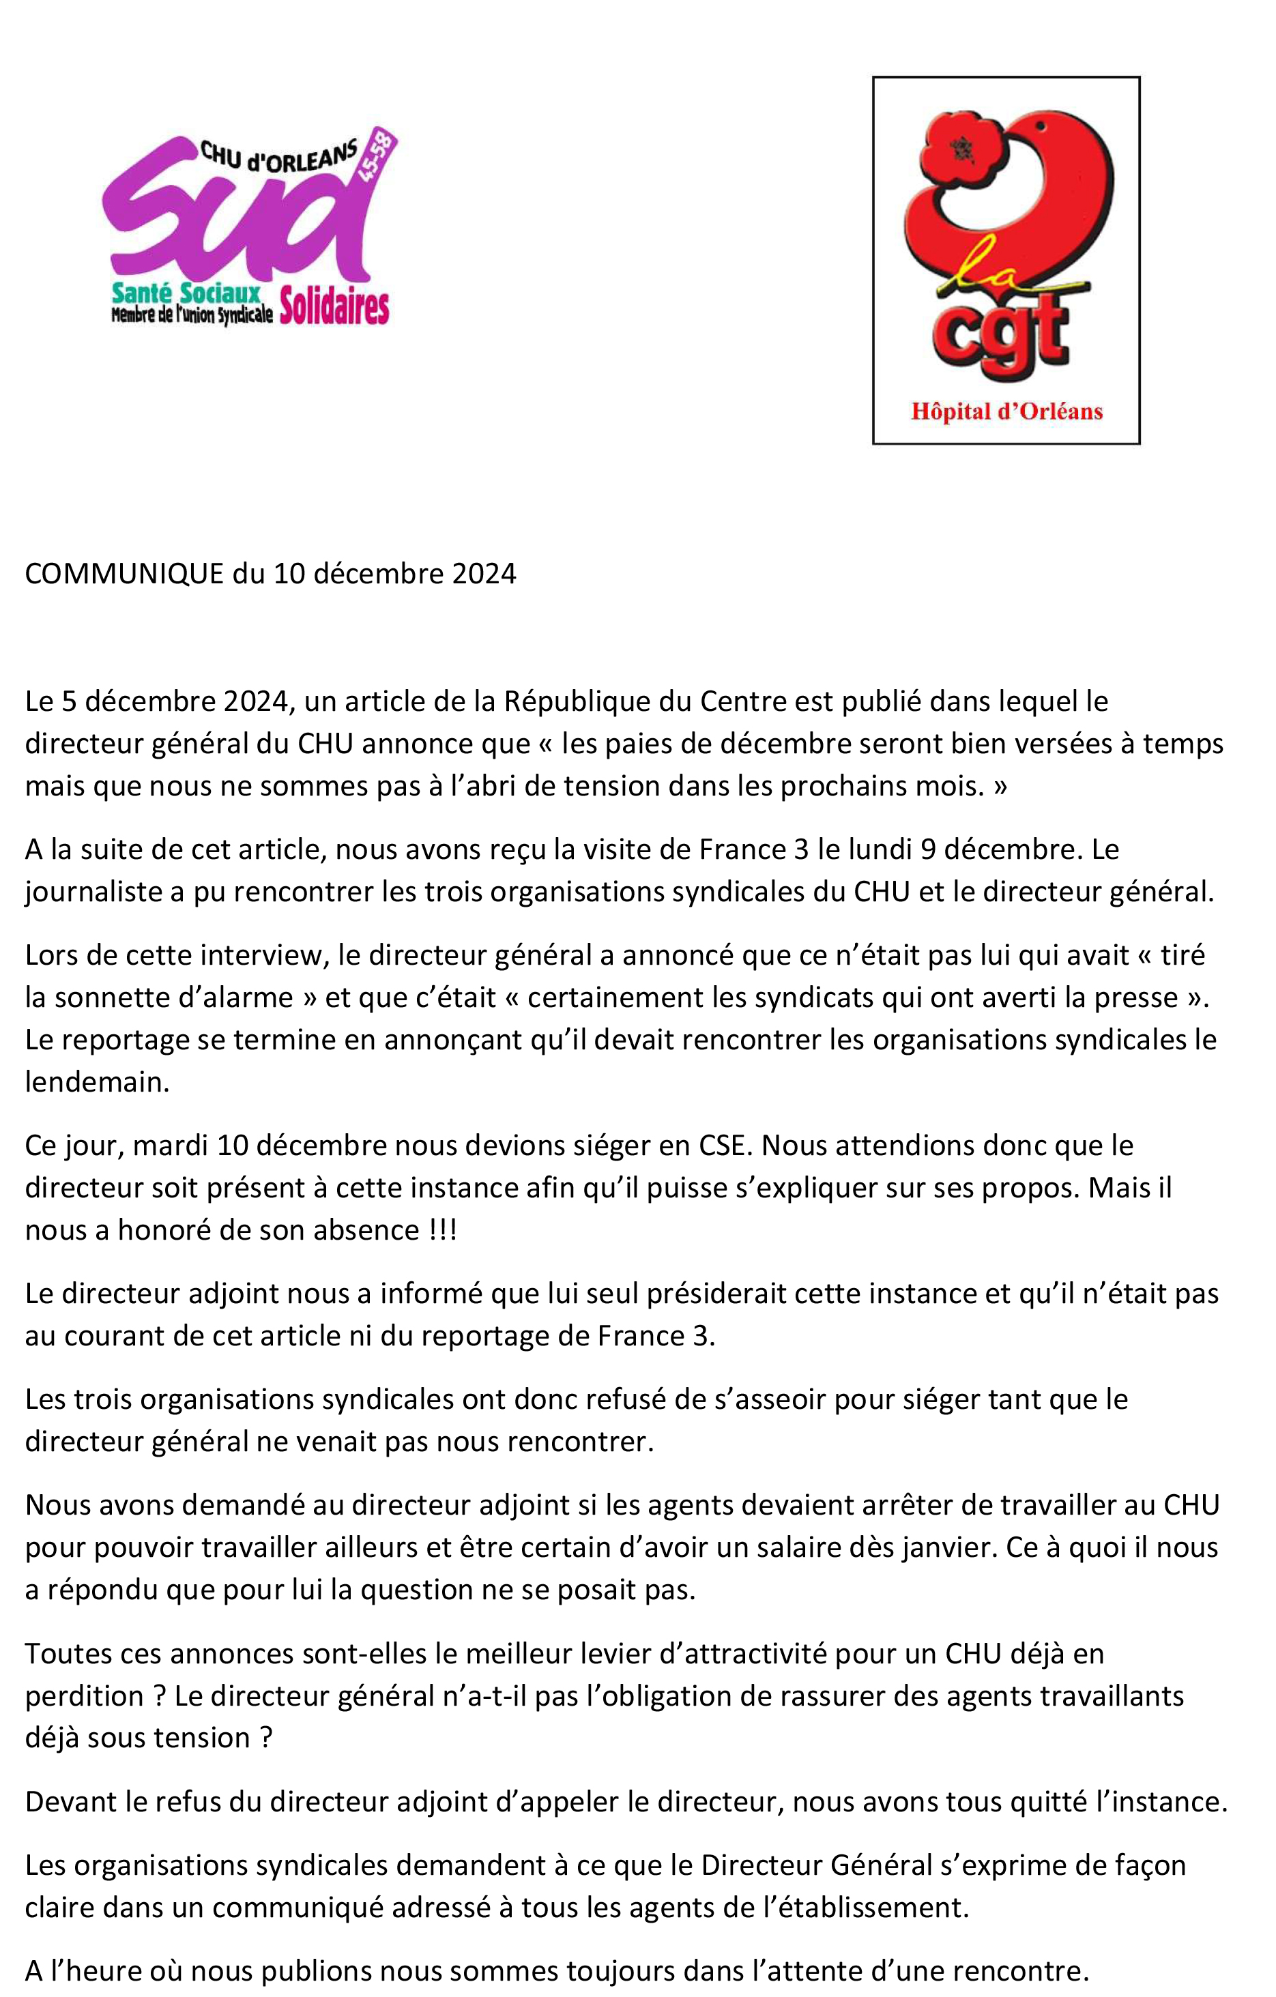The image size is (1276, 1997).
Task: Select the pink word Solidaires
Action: point(334,306)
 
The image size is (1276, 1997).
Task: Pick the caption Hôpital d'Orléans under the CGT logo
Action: point(1006,411)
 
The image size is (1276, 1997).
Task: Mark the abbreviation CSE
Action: point(721,1146)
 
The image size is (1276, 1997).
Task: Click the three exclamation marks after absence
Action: point(443,1230)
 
